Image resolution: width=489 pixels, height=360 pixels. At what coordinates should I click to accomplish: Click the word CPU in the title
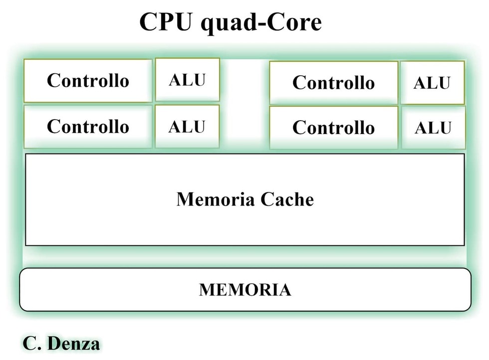click(x=165, y=22)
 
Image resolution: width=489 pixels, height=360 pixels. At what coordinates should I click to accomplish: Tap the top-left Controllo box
click(x=88, y=81)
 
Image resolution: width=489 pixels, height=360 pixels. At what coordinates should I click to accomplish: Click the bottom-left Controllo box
click(x=88, y=127)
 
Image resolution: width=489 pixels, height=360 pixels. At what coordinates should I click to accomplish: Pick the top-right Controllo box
click(x=334, y=83)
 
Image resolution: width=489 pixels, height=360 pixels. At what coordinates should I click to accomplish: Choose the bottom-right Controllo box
click(x=334, y=128)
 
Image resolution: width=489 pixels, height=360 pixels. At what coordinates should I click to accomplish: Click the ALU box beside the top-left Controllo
click(x=188, y=79)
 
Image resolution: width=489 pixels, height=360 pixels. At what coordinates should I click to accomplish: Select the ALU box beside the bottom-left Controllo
click(x=187, y=126)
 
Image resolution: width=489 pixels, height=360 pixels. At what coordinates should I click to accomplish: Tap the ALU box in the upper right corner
click(x=432, y=83)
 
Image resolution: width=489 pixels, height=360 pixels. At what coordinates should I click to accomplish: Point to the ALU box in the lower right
click(x=433, y=128)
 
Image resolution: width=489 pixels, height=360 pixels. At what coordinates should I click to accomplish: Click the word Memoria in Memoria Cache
click(x=216, y=199)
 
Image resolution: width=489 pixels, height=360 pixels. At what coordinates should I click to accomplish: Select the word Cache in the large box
click(x=287, y=199)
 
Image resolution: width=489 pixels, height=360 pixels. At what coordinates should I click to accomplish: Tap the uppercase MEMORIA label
click(x=245, y=290)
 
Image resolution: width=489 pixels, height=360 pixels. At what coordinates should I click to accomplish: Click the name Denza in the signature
click(x=74, y=344)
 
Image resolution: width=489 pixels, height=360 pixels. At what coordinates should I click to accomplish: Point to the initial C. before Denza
click(x=32, y=344)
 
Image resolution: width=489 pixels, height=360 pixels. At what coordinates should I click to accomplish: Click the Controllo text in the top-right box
click(x=334, y=83)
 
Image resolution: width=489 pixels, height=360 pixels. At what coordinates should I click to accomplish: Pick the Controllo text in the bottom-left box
click(x=88, y=126)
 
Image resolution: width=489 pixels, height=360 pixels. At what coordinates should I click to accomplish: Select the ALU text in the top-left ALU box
click(x=187, y=80)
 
